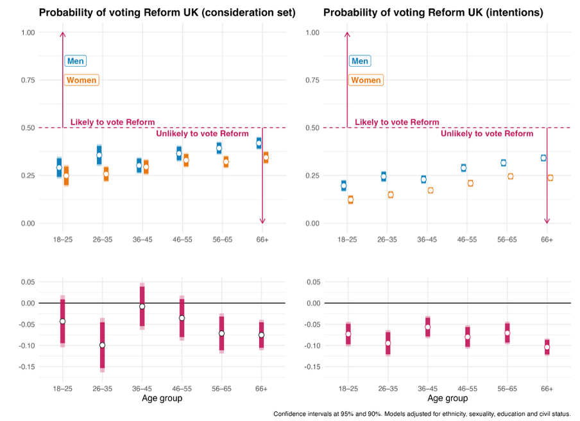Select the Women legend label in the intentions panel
(x=366, y=80)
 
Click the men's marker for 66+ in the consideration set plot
(x=259, y=143)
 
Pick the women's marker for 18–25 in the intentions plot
(x=350, y=200)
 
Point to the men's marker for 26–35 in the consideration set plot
(x=99, y=155)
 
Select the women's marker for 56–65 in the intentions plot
(x=511, y=176)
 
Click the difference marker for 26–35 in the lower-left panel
(x=102, y=345)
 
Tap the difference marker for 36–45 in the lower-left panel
(x=142, y=307)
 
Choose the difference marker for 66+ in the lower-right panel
(x=547, y=347)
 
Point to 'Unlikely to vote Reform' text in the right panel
(x=487, y=133)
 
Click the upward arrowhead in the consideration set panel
(x=62, y=34)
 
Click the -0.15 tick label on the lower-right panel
(x=311, y=367)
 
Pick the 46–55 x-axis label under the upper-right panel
(x=467, y=239)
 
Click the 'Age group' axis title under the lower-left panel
(x=162, y=398)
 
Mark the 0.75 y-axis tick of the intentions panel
(x=312, y=80)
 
